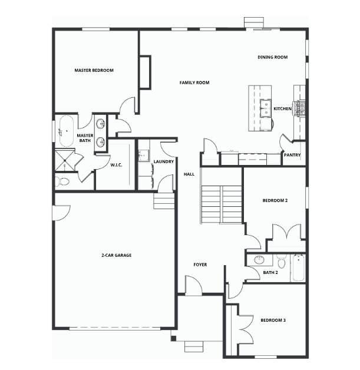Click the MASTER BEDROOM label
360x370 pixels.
tap(94, 70)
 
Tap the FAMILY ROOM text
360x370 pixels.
tap(194, 82)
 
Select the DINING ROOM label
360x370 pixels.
tap(272, 57)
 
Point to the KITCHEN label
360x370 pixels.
tap(282, 109)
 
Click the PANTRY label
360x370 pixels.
tap(292, 155)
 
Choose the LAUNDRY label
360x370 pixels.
tap(163, 161)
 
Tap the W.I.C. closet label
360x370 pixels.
tap(116, 165)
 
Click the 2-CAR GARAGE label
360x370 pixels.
tap(117, 255)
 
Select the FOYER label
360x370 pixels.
tap(200, 265)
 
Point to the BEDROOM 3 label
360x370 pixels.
tap(273, 320)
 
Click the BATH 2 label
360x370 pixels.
tap(270, 273)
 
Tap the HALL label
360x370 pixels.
tap(189, 174)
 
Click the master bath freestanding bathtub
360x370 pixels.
tap(67, 131)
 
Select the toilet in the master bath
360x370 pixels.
tap(63, 181)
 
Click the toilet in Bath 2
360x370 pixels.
tap(281, 262)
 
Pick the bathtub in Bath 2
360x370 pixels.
tap(298, 267)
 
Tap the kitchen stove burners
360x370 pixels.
tap(299, 108)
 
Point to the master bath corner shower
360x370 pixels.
tap(65, 160)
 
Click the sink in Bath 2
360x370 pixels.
tap(259, 260)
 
